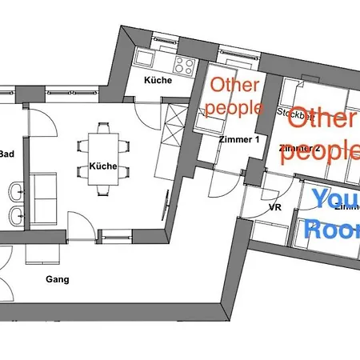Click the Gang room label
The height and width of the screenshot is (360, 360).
[x=57, y=279]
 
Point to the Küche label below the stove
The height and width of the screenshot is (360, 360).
[x=158, y=81]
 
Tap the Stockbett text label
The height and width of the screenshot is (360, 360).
[x=293, y=114]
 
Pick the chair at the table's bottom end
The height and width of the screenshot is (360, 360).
[x=104, y=190]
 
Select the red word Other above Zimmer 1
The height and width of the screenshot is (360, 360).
[x=234, y=86]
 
